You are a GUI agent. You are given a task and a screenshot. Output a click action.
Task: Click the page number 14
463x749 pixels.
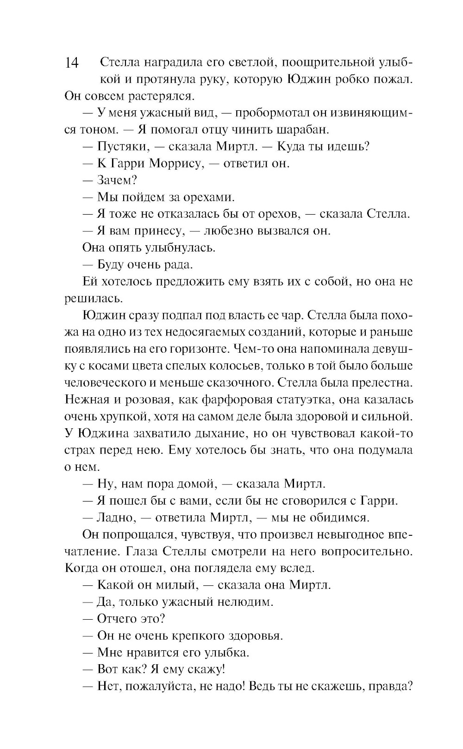click(72, 63)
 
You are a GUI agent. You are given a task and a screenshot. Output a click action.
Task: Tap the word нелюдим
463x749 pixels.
click(244, 602)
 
